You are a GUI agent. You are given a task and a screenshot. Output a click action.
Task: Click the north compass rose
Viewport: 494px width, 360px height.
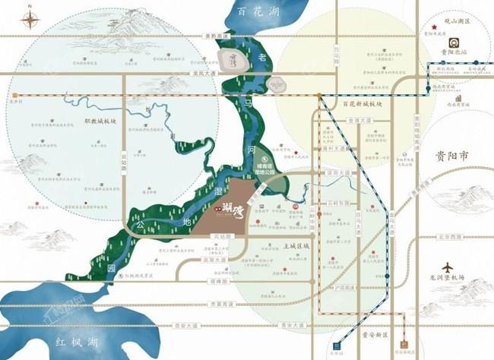pos(29,18)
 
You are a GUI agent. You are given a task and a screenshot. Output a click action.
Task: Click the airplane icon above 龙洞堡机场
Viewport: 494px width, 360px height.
pos(448,268)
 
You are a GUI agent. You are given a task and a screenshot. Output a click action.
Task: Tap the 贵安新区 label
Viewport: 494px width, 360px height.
pos(375,335)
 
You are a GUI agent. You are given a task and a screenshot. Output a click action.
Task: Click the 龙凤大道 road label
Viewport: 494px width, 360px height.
pos(204,73)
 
